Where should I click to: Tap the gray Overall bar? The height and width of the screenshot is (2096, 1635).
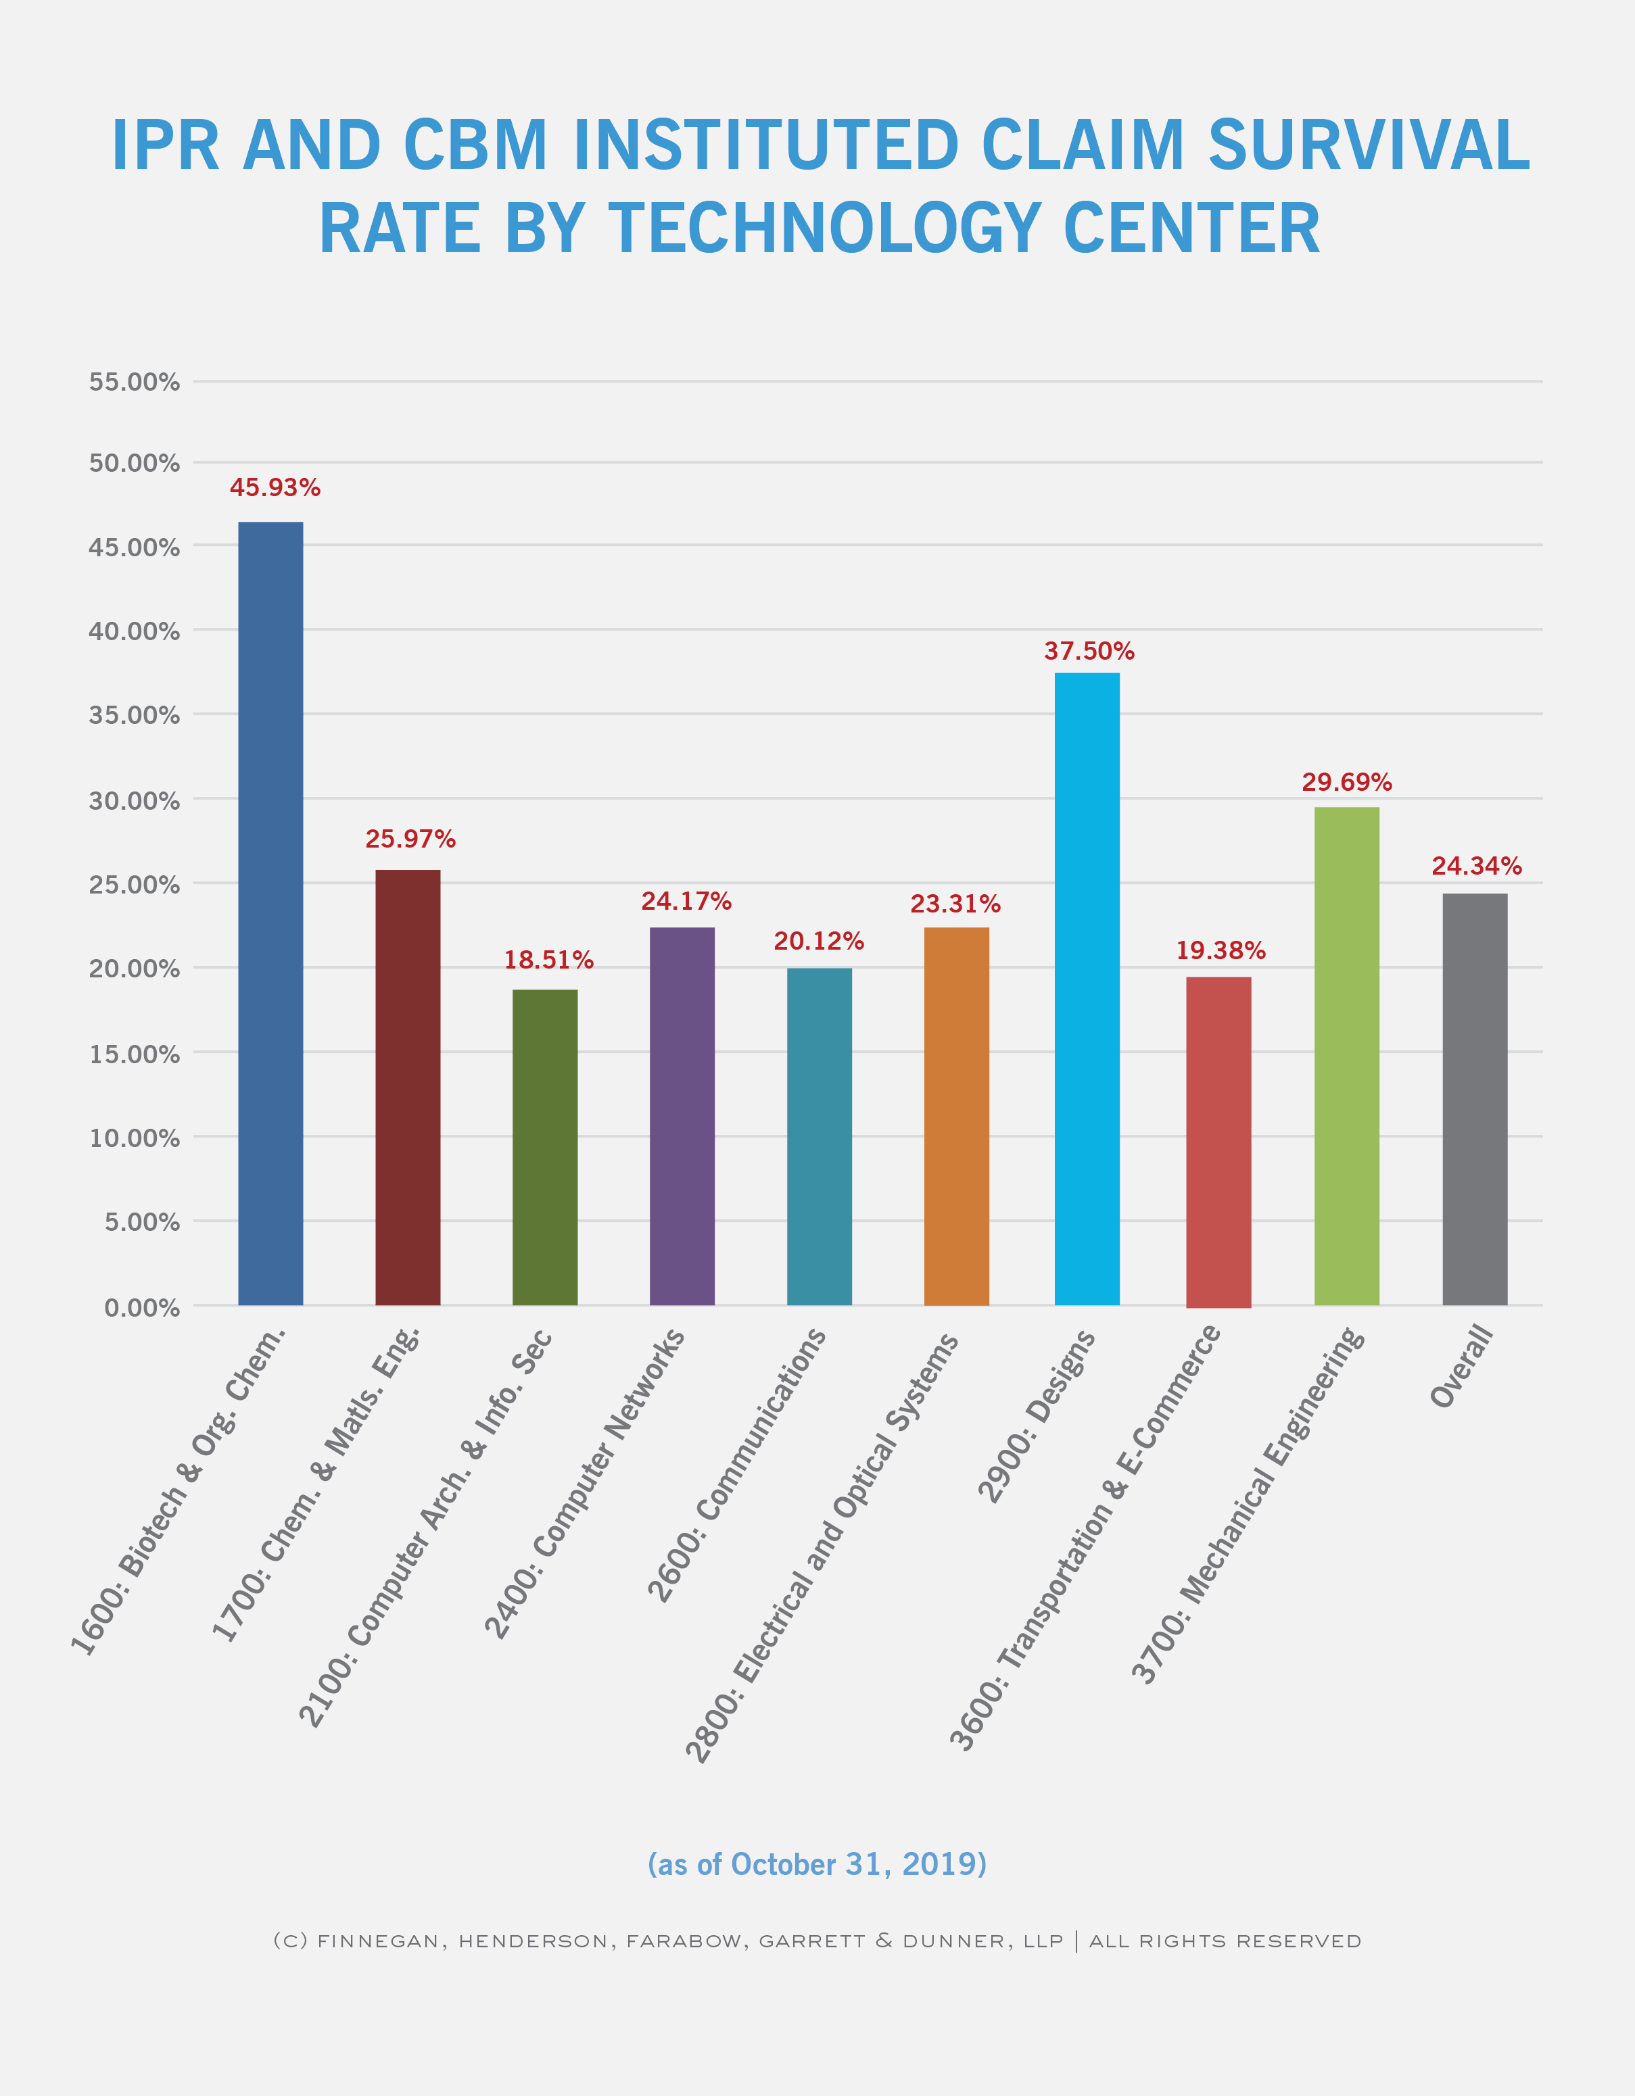click(x=1475, y=1099)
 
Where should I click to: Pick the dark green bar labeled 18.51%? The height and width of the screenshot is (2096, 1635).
click(x=545, y=1147)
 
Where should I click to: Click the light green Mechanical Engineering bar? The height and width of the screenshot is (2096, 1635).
click(x=1347, y=1056)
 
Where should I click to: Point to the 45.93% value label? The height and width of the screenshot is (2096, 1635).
click(x=275, y=487)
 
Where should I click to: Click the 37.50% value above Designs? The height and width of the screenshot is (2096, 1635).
click(x=1090, y=651)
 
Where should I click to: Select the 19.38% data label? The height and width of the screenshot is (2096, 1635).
click(x=1221, y=950)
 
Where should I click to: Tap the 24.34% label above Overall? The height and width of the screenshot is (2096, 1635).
click(x=1477, y=866)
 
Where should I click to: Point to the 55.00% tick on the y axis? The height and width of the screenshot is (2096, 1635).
click(x=135, y=382)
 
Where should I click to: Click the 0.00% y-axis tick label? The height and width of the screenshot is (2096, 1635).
click(x=142, y=1307)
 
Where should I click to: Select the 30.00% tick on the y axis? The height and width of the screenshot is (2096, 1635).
click(x=135, y=800)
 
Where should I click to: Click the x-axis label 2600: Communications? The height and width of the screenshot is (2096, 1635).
click(x=736, y=1465)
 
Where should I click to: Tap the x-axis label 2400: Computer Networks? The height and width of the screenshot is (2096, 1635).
click(x=584, y=1484)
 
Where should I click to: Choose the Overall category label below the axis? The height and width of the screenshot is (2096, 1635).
click(x=1462, y=1365)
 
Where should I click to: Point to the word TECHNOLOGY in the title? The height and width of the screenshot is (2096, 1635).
click(x=825, y=228)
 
